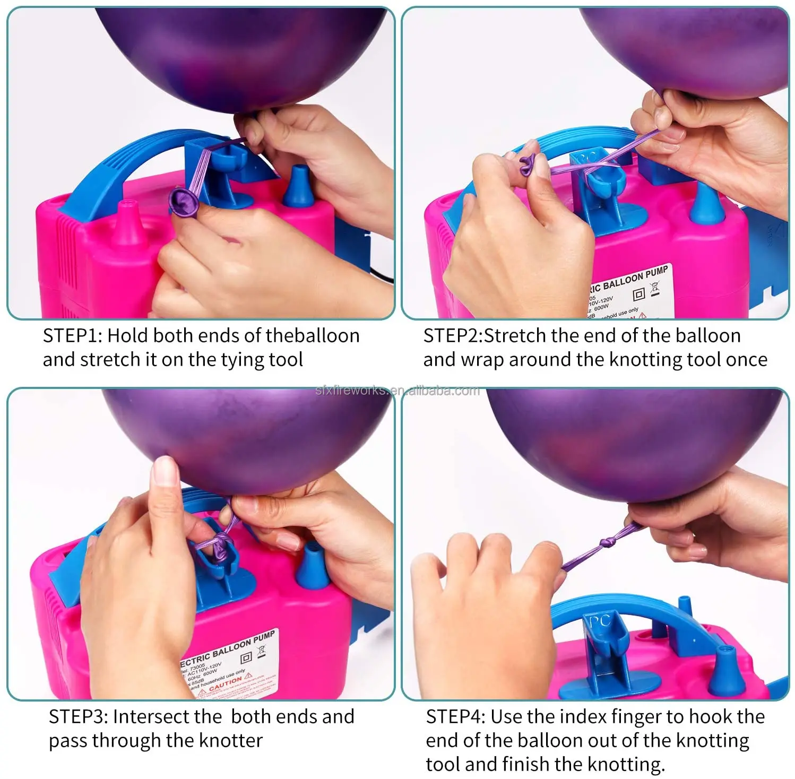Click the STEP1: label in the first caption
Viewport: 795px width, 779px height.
pyautogui.click(x=73, y=336)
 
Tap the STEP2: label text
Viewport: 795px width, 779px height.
pyautogui.click(x=453, y=336)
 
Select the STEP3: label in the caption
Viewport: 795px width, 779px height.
pyautogui.click(x=79, y=717)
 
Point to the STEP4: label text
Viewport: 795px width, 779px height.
pyautogui.click(x=455, y=717)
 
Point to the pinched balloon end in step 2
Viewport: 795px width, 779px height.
pyautogui.click(x=526, y=164)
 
